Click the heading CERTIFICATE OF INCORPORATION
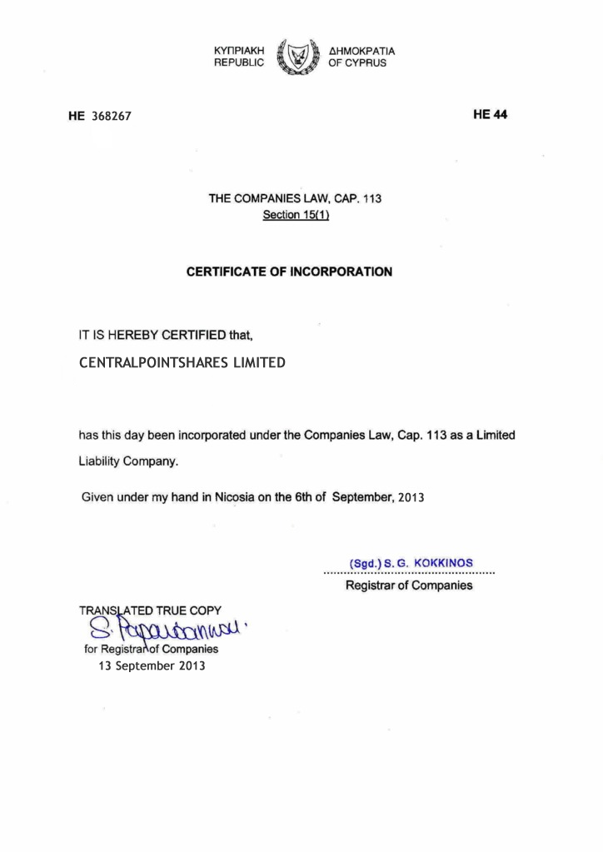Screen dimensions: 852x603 (288, 272)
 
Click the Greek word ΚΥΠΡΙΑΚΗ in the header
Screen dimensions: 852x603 (239, 51)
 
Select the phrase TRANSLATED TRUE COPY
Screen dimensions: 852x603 (150, 610)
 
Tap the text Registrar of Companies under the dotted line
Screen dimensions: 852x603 (408, 586)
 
